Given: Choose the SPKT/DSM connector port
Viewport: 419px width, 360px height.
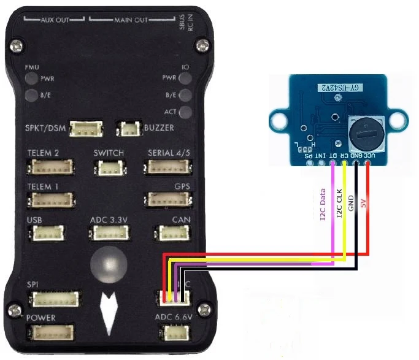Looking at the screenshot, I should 86,129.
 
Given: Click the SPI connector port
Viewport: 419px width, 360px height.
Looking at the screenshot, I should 56,299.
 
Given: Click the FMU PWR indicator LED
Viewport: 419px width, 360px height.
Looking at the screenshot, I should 31,79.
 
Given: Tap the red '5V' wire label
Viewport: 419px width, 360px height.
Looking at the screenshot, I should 363,202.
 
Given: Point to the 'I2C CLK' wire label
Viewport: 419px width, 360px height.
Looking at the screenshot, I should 339,204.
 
